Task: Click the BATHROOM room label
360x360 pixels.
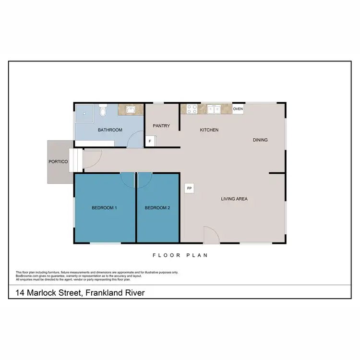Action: pyautogui.click(x=110, y=130)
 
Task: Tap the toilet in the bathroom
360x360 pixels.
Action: pyautogui.click(x=102, y=111)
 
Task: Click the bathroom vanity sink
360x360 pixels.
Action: pyautogui.click(x=130, y=110)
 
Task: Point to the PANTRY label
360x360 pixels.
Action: pyautogui.click(x=161, y=126)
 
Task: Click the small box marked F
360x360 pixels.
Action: pyautogui.click(x=150, y=142)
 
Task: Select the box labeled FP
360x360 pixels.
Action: pyautogui.click(x=189, y=188)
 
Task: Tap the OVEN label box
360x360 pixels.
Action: pyautogui.click(x=238, y=109)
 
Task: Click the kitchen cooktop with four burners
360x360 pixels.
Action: pyautogui.click(x=192, y=109)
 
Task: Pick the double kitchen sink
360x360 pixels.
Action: pyautogui.click(x=214, y=109)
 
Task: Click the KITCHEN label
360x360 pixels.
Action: pyautogui.click(x=209, y=130)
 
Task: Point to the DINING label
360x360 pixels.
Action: pyautogui.click(x=260, y=140)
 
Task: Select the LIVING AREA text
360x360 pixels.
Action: pyautogui.click(x=234, y=199)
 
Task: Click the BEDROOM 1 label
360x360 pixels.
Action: pyautogui.click(x=105, y=208)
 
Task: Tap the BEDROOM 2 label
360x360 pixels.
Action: pyautogui.click(x=157, y=208)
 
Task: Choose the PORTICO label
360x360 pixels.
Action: pyautogui.click(x=58, y=162)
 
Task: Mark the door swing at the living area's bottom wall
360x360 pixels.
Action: pyautogui.click(x=210, y=235)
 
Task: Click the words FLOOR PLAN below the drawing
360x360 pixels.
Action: pyautogui.click(x=180, y=255)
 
